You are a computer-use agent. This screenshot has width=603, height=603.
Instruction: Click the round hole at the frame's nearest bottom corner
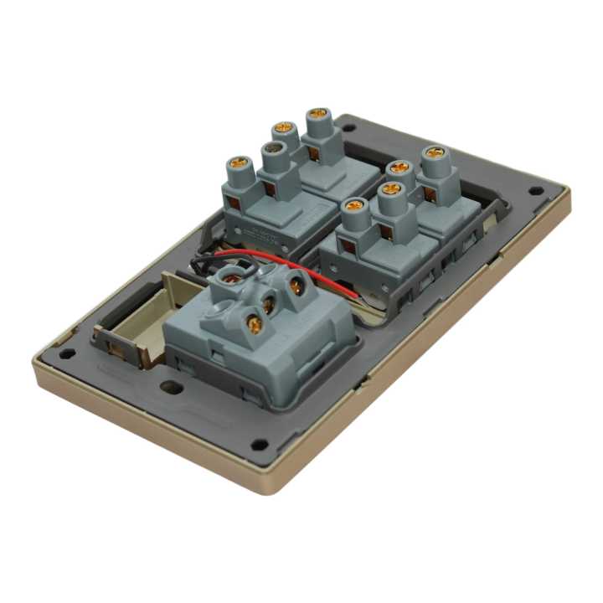pyautogui.click(x=261, y=445)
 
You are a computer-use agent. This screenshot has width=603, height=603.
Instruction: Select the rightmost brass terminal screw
pyautogui.click(x=434, y=153)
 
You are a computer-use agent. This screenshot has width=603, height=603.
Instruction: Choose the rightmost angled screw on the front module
pyautogui.click(x=296, y=286)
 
